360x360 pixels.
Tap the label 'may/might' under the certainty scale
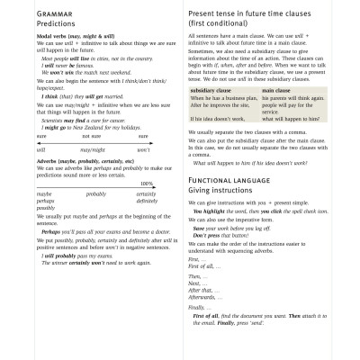coord(92,149)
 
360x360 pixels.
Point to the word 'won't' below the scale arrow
coord(143,149)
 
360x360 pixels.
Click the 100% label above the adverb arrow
coord(147,184)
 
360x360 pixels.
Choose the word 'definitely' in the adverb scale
coord(147,200)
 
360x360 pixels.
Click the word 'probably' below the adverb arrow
coord(95,193)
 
